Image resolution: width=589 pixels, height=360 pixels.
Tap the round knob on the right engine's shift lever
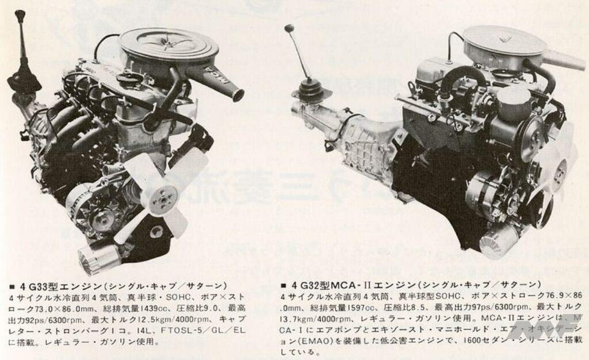[x=289, y=28]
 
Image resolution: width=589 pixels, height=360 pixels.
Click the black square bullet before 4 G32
[x=286, y=286]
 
